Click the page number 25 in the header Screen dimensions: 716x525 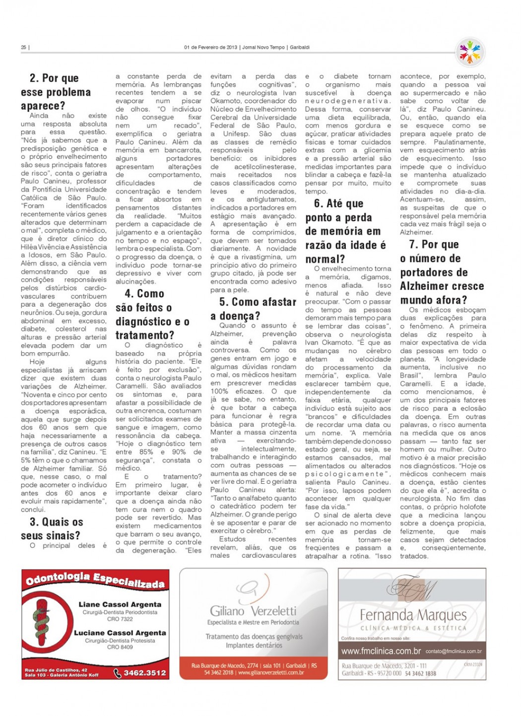pyautogui.click(x=23, y=48)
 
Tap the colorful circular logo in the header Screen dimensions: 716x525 pyautogui.click(x=469, y=52)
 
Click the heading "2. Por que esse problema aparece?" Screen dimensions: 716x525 pyautogui.click(x=56, y=92)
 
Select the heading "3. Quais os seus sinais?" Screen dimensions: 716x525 pyautogui.click(x=52, y=528)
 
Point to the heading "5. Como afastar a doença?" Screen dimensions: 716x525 pyautogui.click(x=253, y=309)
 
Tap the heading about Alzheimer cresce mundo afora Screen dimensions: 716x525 pyautogui.click(x=442, y=272)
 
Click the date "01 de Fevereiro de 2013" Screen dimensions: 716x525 pyautogui.click(x=210, y=48)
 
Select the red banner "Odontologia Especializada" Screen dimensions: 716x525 pyautogui.click(x=95, y=580)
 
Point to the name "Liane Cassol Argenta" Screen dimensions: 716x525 pyautogui.click(x=120, y=604)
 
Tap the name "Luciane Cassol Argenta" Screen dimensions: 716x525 pyautogui.click(x=120, y=633)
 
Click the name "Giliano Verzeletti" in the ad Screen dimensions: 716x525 pyautogui.click(x=253, y=611)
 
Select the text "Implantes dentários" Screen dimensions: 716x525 pyautogui.click(x=254, y=646)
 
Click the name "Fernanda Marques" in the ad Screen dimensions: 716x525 pyautogui.click(x=413, y=615)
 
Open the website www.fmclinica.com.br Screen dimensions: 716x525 pyautogui.click(x=381, y=651)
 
